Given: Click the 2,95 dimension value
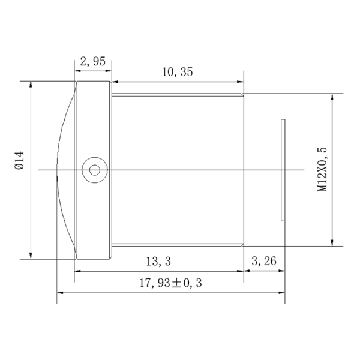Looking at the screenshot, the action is tap(93, 62).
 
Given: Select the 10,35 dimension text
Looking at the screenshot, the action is tap(177, 72).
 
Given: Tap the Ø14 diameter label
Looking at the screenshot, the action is tap(19, 160).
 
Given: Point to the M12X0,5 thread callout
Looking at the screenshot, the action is tap(322, 169).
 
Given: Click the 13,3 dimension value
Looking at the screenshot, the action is tap(158, 262).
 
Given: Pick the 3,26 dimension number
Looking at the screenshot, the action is tap(264, 261).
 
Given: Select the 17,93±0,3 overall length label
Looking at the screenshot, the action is tap(170, 283).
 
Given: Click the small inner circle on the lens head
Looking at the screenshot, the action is tap(95, 170).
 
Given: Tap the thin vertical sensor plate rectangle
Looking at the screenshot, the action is tap(283, 170).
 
